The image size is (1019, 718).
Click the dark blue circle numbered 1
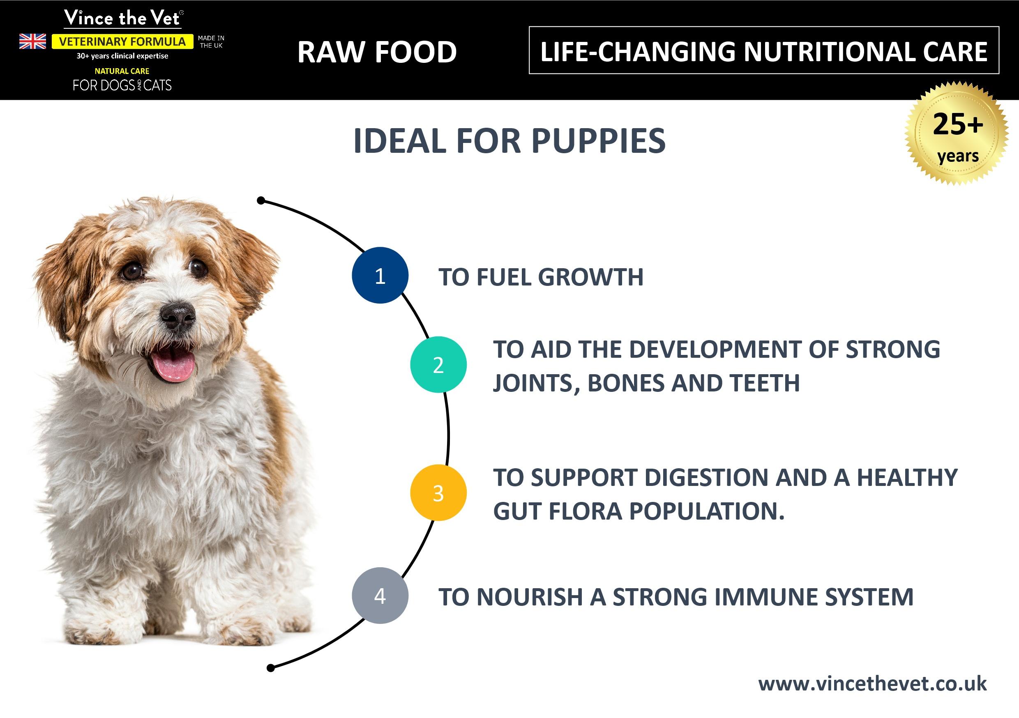pos(380,275)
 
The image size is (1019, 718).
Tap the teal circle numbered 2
pos(438,365)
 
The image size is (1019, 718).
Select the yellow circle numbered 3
pos(438,493)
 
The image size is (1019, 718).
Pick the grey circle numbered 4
pos(380,596)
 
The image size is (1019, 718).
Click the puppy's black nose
pos(178,316)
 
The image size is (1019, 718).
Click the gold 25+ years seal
pos(957,133)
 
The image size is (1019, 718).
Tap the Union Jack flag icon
pos(32,41)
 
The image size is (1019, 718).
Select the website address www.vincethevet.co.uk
pos(873,684)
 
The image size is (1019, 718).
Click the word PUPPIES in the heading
pos(598,141)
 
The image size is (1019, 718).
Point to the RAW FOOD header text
pos(377,52)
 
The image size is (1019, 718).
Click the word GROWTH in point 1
pos(591,277)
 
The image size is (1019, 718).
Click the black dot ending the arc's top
pos(261,200)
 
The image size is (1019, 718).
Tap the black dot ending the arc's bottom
pos(271,668)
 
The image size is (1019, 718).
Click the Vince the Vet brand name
pos(122,18)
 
